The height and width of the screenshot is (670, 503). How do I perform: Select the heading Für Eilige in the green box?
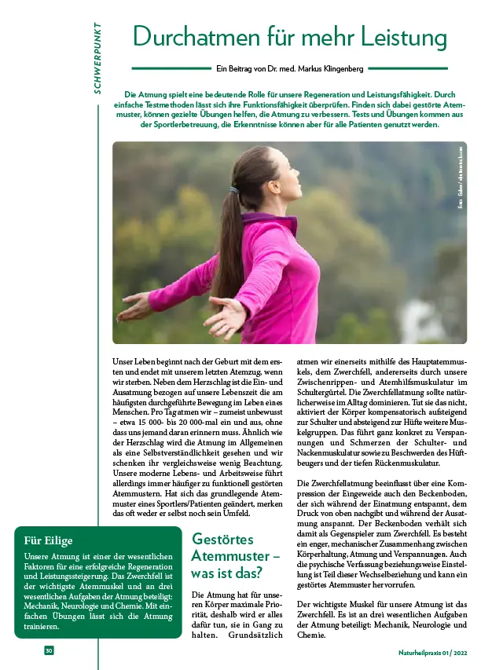tap(49, 540)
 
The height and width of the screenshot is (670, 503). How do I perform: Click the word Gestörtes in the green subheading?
tap(224, 539)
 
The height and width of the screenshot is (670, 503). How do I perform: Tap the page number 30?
tap(49, 650)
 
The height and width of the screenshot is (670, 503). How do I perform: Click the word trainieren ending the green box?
tap(43, 627)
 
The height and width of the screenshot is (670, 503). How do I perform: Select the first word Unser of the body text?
tap(124, 361)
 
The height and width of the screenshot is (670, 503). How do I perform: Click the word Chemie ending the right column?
tap(311, 635)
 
